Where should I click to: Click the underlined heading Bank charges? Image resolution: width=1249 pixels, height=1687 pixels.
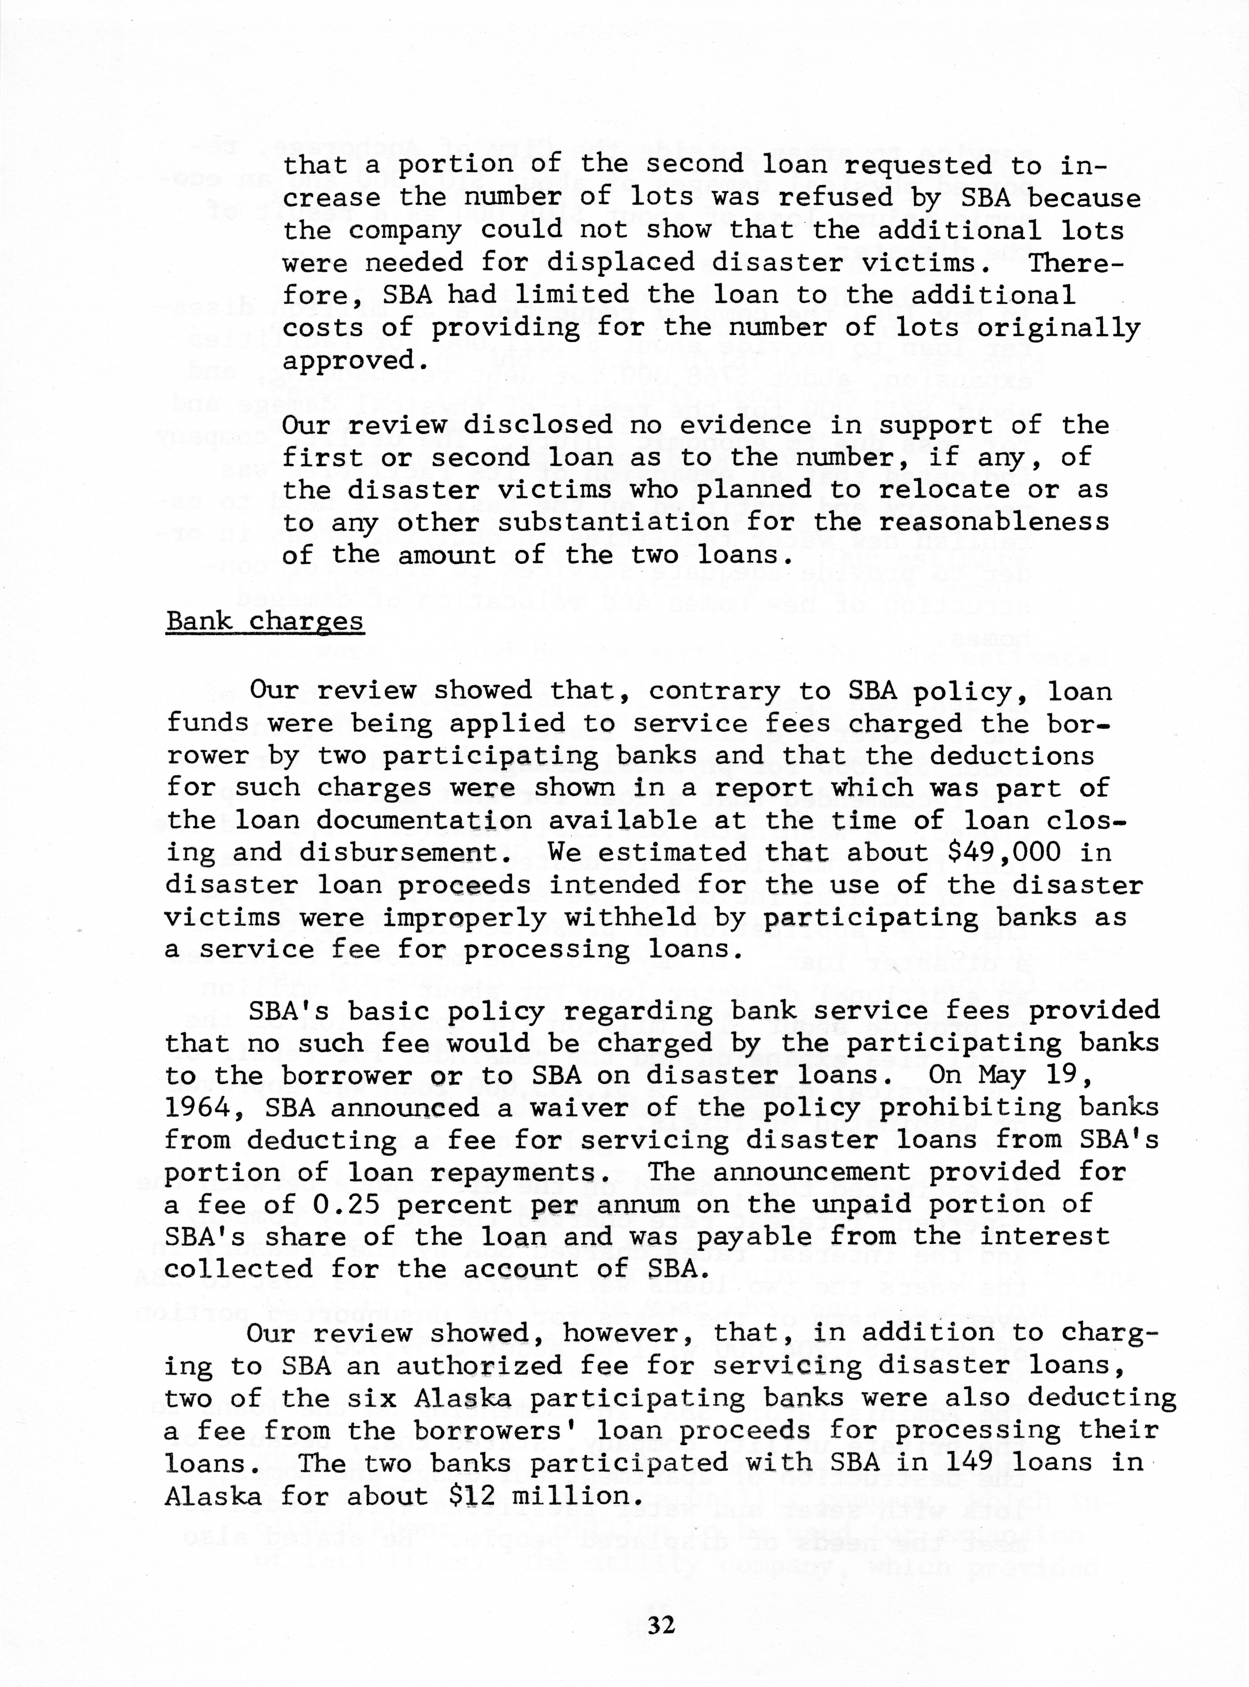click(x=265, y=622)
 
